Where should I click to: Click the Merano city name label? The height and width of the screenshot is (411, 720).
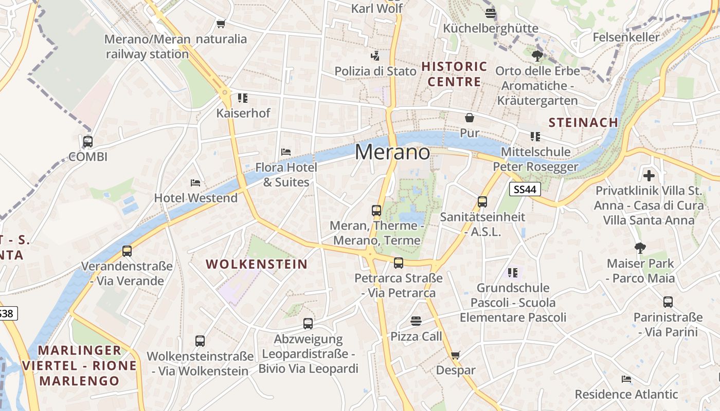click(x=392, y=152)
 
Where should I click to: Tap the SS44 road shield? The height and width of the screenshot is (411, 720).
click(x=525, y=190)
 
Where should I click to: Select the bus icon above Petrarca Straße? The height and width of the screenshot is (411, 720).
click(x=399, y=263)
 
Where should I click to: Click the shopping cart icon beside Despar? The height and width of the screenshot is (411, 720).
click(x=455, y=355)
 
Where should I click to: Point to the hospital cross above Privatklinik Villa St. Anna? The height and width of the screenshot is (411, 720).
click(x=649, y=176)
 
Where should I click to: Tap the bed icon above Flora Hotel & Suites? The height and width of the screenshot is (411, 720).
click(x=286, y=152)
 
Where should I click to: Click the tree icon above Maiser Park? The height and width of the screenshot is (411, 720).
click(x=640, y=248)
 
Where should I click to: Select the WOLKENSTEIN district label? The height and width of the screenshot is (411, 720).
click(x=257, y=265)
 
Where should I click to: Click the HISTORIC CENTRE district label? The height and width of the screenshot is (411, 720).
click(x=455, y=74)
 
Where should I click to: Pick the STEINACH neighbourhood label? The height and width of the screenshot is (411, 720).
click(x=583, y=122)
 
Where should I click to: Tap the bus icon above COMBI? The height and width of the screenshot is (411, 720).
click(x=88, y=141)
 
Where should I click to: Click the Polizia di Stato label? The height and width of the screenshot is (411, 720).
click(x=375, y=71)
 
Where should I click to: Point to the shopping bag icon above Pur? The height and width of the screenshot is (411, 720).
click(x=469, y=118)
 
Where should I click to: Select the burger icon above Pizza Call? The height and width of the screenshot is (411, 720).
click(x=416, y=321)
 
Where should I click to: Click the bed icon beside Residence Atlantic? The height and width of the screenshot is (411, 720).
click(x=626, y=379)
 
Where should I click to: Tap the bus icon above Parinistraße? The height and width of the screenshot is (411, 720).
click(x=668, y=302)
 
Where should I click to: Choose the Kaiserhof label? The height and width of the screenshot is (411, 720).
click(x=243, y=113)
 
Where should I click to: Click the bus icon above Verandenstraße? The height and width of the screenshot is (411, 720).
click(x=127, y=251)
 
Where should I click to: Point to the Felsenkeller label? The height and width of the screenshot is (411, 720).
click(x=626, y=37)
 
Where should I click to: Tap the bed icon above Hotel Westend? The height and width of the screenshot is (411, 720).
click(x=195, y=182)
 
